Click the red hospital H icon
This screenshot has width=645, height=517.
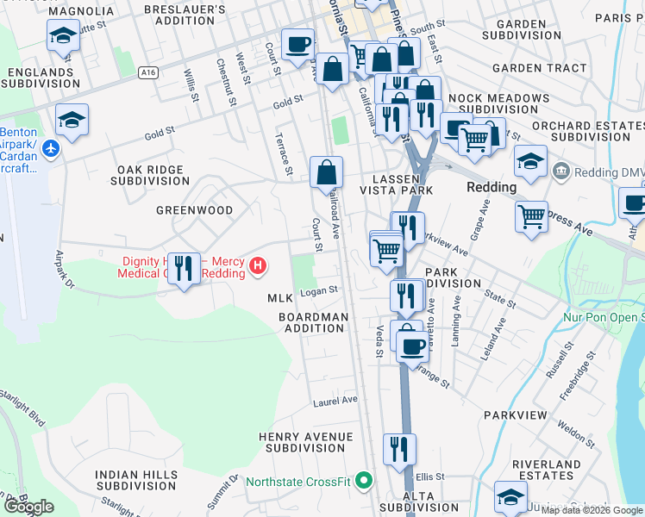256,267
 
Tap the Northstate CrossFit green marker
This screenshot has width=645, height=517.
364,480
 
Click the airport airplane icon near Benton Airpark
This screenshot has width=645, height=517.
50,148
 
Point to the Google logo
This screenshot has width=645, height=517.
28,507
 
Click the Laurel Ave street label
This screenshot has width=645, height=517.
335,401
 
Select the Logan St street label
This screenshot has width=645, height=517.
318,293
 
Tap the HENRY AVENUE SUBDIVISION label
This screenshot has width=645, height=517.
306,442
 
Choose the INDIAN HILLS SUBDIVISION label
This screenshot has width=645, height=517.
136,480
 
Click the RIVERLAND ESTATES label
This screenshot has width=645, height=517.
546,470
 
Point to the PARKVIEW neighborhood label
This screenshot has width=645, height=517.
515,415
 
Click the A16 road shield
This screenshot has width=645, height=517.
149,74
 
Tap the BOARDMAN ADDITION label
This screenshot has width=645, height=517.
313,322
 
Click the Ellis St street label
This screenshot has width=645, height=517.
429,476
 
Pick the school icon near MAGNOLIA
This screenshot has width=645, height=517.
63,36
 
